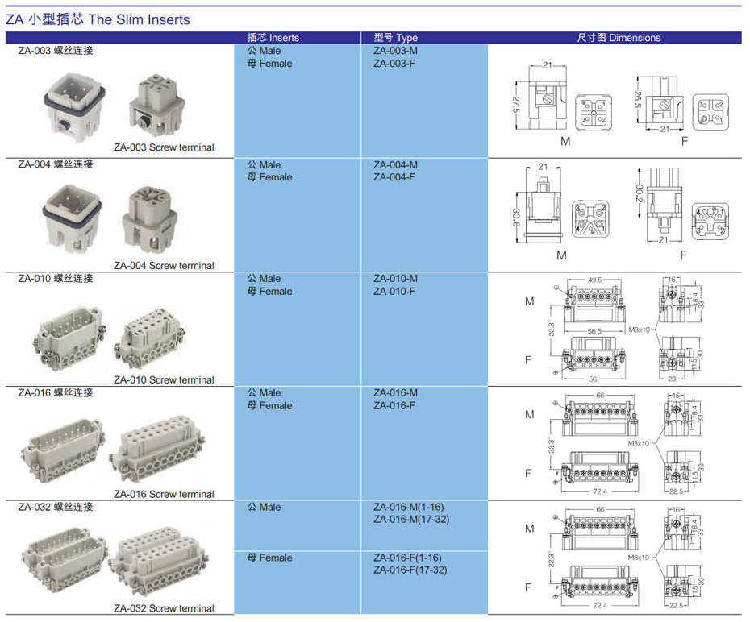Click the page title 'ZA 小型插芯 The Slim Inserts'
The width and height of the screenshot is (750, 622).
point(98,19)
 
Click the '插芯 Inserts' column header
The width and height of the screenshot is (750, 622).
point(273,38)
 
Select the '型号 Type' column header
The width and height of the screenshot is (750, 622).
point(395,38)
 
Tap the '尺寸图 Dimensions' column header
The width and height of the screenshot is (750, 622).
point(619,38)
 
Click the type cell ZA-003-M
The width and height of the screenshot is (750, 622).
point(395,51)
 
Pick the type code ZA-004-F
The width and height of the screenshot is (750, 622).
point(394,177)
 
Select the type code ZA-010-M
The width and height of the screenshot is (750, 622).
point(395,279)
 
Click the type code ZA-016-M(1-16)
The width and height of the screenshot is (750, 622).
point(408,507)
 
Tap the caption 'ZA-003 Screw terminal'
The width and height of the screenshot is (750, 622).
point(164,147)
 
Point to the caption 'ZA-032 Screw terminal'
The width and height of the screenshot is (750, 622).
point(164,608)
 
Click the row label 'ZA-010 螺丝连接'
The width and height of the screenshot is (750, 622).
point(56,279)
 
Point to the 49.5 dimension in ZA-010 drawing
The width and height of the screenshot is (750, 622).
point(596,280)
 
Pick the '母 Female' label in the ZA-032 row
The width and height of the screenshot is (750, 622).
point(270,558)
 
